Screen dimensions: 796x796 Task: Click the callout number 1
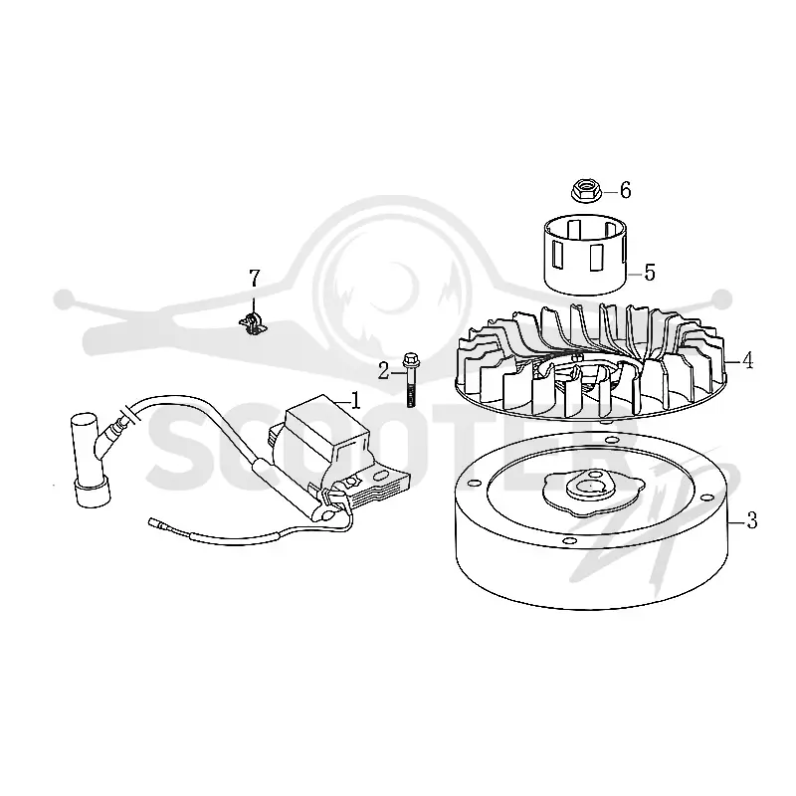[355, 400]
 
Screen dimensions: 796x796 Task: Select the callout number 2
[383, 371]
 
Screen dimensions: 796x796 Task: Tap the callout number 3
[751, 520]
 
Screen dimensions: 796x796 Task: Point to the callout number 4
[747, 360]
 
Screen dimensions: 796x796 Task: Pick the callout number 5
[650, 273]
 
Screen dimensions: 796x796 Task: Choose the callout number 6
[625, 190]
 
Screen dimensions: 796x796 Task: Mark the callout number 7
[254, 278]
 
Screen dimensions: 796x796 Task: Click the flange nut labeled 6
[586, 190]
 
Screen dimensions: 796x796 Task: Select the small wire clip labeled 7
[253, 325]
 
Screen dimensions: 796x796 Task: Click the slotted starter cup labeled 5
[585, 255]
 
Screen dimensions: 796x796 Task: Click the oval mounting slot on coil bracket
[381, 476]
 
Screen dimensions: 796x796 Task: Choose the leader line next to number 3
[737, 521]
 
